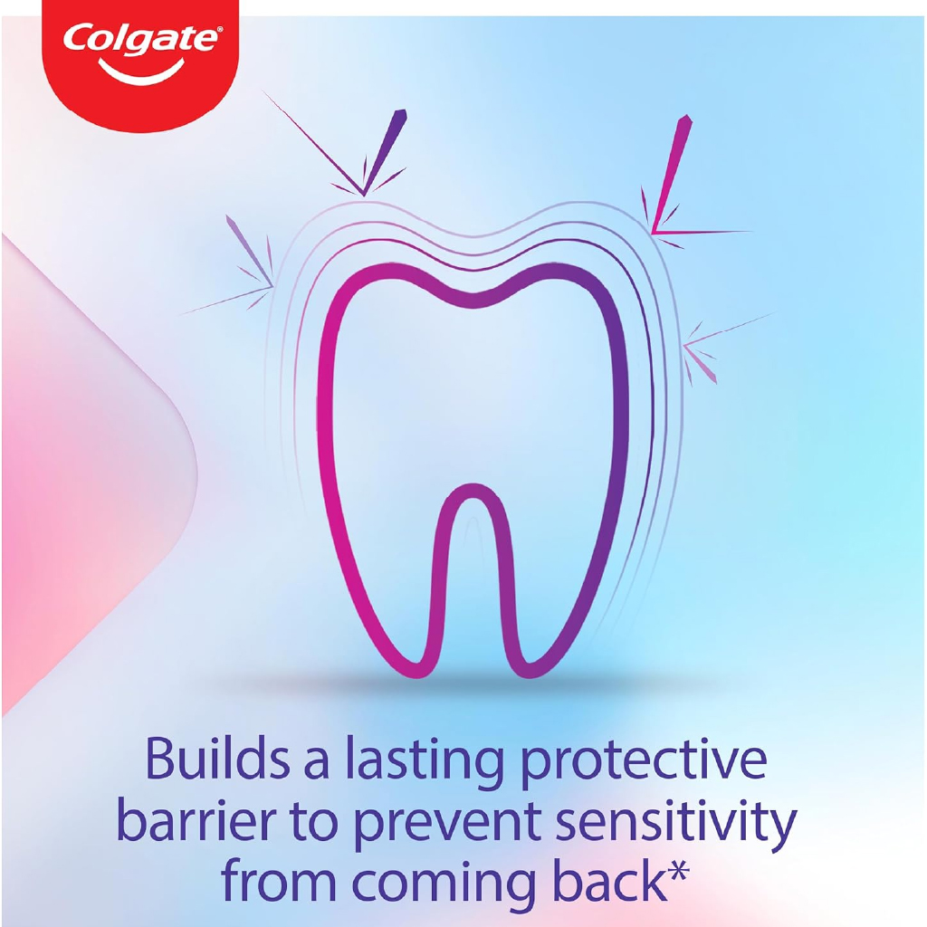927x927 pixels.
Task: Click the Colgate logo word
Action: coord(140,40)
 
